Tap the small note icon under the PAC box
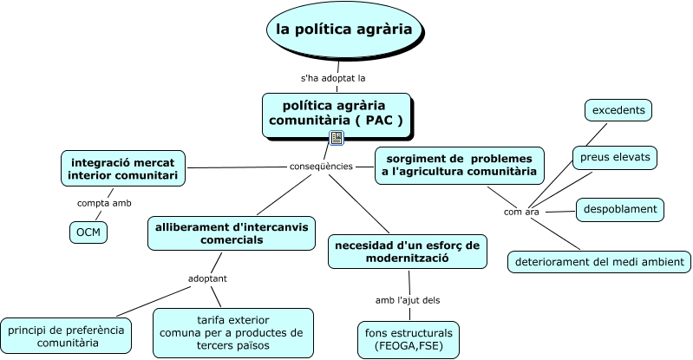click(337, 138)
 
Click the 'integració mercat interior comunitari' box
click(123, 168)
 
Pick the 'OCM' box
click(88, 232)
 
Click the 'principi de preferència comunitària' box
click(66, 336)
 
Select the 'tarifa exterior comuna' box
click(232, 333)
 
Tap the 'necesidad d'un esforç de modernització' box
click(405, 252)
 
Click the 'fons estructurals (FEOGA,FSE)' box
click(409, 340)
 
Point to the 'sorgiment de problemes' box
click(460, 165)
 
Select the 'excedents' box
click(618, 110)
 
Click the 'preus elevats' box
click(615, 158)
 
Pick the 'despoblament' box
click(620, 210)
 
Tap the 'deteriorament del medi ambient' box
click(600, 261)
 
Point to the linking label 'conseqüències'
click(321, 167)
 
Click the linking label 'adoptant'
click(207, 279)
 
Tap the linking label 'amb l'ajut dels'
click(408, 300)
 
